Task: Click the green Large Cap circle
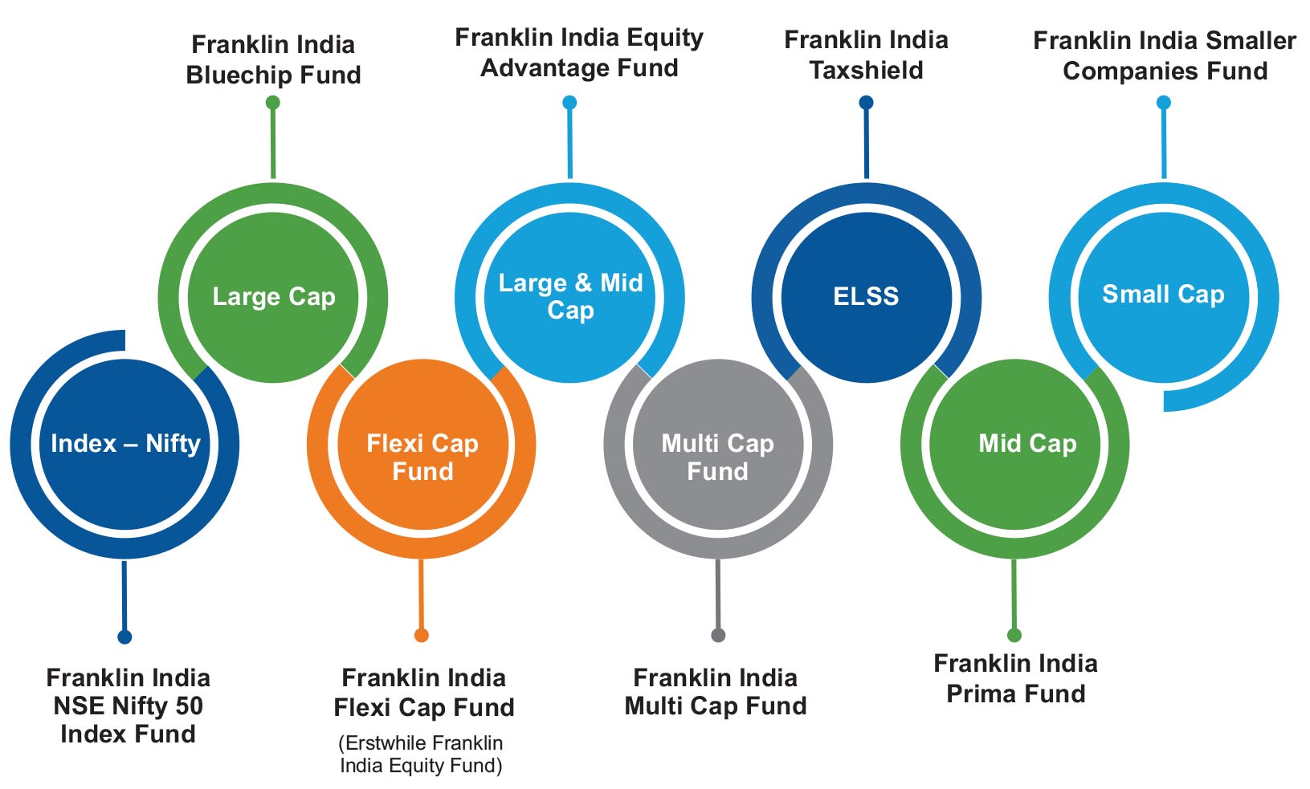tap(273, 297)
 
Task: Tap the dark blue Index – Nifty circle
tap(124, 444)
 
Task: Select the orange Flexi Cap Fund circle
tap(422, 444)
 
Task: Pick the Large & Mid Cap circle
tap(569, 297)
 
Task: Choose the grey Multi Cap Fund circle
tap(718, 444)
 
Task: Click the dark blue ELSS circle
tap(867, 297)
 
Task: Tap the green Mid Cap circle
tap(1015, 444)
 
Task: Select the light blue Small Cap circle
tap(1164, 297)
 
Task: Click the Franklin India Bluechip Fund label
tap(273, 59)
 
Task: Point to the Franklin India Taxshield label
tap(866, 55)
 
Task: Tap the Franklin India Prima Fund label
tap(1016, 678)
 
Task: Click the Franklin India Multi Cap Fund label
tap(716, 692)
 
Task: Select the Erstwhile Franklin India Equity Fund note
tap(421, 754)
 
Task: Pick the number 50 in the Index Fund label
tap(189, 706)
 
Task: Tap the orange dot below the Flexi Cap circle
tap(421, 635)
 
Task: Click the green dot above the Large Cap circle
tap(272, 103)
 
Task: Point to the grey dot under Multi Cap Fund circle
tap(718, 635)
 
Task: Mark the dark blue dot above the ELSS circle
tap(866, 103)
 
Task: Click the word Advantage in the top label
tap(545, 68)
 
